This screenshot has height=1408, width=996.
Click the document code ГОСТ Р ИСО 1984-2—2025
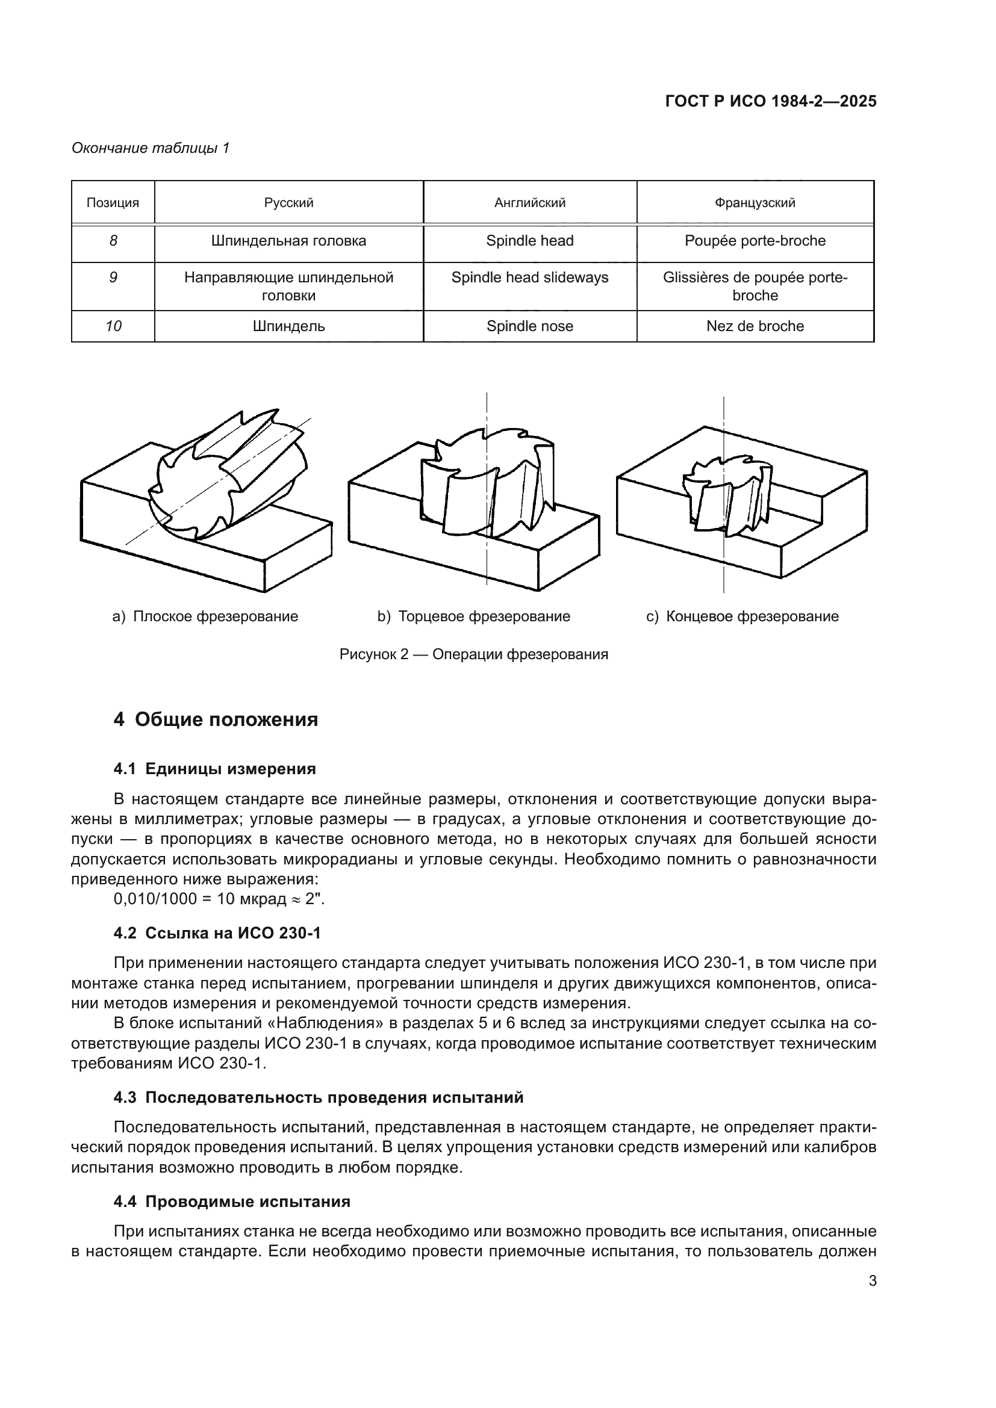tap(770, 101)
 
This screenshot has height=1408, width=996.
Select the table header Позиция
tap(113, 203)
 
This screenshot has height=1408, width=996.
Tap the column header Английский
tap(530, 203)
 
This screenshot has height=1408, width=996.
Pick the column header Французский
tap(755, 203)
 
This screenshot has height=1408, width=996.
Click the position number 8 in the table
tap(113, 241)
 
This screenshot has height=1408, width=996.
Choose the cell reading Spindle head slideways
tap(530, 278)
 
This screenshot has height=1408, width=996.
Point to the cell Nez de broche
tap(755, 326)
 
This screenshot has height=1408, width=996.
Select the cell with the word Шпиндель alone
tap(289, 326)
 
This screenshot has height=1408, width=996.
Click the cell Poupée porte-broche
tap(755, 241)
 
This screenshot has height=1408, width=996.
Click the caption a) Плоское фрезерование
tap(205, 616)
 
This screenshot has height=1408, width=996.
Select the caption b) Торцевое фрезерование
tap(473, 616)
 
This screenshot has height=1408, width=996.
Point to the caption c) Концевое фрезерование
tap(742, 616)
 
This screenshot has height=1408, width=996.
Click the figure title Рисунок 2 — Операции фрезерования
tap(473, 654)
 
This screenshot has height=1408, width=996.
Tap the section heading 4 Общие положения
tap(216, 719)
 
